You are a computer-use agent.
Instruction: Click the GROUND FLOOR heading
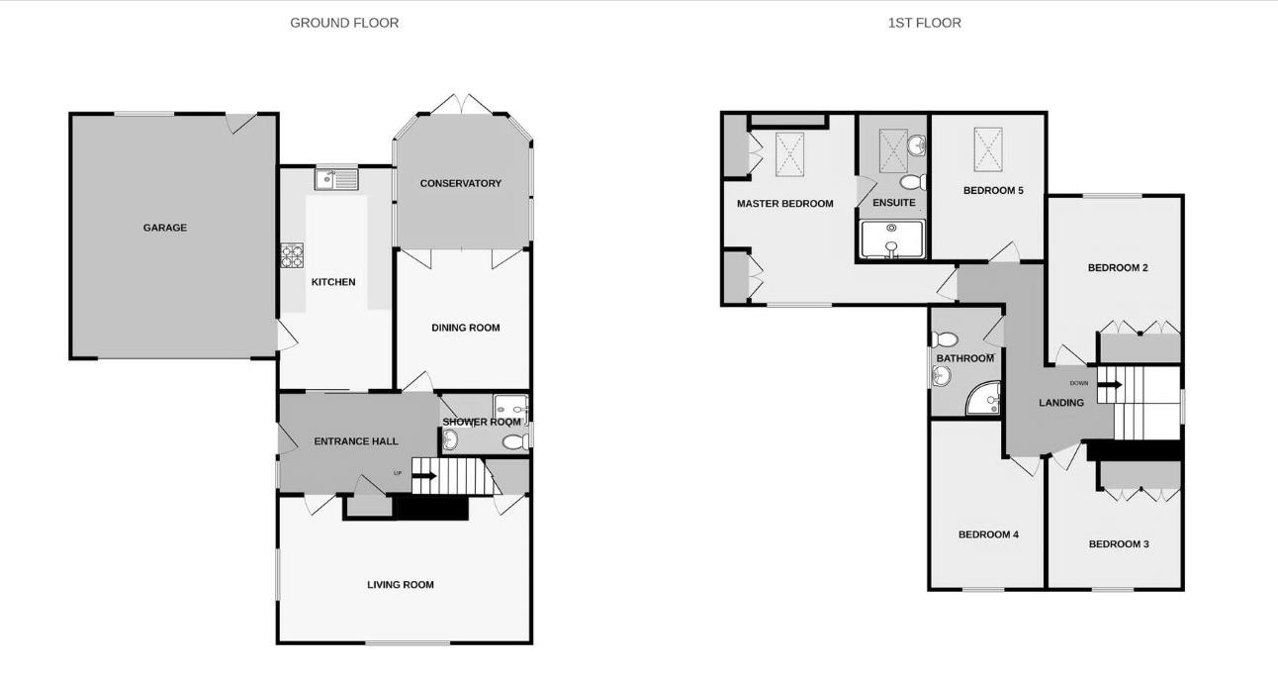[x=344, y=23]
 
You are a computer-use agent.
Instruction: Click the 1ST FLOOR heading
[x=924, y=23]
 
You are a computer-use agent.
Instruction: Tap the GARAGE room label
[x=164, y=228]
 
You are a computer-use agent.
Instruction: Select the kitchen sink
[x=336, y=179]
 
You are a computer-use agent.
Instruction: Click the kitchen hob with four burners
[x=292, y=256]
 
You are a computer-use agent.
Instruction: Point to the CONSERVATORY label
[x=460, y=183]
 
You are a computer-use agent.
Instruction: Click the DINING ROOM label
[x=465, y=328]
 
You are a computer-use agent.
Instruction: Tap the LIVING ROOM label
[x=401, y=585]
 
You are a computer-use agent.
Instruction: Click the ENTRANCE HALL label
[x=356, y=441]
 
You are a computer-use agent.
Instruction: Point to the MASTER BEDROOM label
[x=784, y=204]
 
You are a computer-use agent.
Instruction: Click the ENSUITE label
[x=893, y=203]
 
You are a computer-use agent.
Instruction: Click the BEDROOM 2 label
[x=1118, y=267]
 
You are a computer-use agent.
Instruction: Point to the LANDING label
[x=1060, y=403]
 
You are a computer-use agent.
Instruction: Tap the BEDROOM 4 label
[x=988, y=534]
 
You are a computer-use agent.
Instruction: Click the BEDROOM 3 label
[x=1119, y=544]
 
